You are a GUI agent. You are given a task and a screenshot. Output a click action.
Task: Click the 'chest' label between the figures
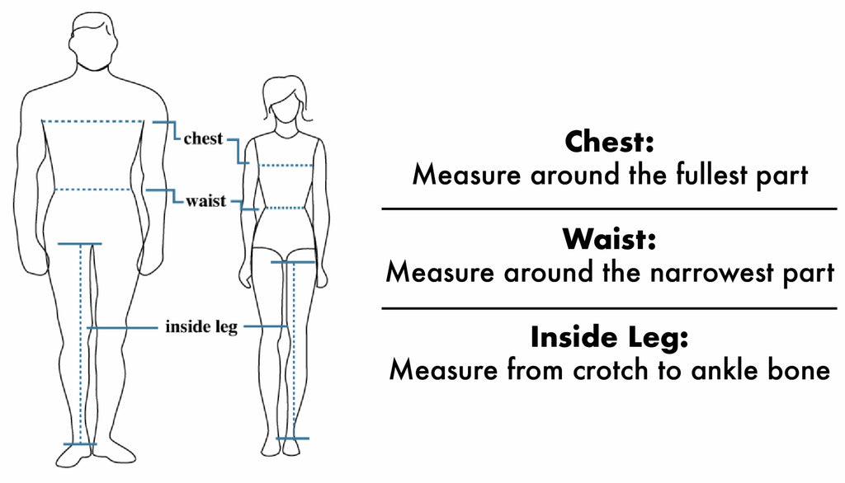click(x=203, y=138)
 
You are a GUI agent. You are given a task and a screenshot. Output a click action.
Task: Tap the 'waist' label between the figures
click(x=205, y=201)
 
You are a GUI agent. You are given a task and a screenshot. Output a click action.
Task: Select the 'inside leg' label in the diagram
click(x=201, y=327)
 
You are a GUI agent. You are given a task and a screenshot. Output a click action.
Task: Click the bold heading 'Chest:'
click(x=610, y=142)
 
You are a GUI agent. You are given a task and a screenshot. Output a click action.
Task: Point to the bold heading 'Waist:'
click(x=610, y=238)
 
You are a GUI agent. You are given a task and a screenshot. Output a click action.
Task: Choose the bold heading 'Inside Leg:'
click(x=610, y=336)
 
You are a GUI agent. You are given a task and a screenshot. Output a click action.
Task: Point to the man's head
click(x=93, y=40)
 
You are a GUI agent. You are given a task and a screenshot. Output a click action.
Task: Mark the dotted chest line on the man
click(x=92, y=121)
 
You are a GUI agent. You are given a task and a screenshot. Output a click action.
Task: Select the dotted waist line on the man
click(x=92, y=189)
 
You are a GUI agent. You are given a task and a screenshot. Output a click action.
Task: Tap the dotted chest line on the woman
click(x=286, y=166)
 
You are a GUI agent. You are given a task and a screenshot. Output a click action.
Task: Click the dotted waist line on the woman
click(x=285, y=208)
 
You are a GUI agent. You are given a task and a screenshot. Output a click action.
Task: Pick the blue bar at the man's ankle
click(x=80, y=444)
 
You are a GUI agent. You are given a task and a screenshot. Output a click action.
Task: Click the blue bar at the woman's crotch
click(x=293, y=262)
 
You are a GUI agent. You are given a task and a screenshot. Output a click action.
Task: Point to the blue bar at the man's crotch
click(x=80, y=244)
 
